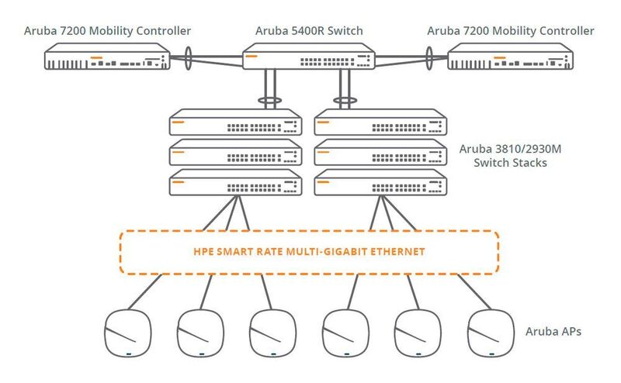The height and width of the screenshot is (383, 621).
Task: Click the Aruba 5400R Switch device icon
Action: click(309, 57)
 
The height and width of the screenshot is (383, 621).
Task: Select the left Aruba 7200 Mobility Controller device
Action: click(106, 57)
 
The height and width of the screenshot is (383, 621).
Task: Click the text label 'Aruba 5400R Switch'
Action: click(309, 30)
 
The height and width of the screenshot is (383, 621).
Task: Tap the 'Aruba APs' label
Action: click(553, 331)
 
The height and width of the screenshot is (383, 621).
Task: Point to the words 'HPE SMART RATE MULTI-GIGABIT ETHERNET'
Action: click(308, 252)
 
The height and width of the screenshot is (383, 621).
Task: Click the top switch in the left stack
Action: click(236, 124)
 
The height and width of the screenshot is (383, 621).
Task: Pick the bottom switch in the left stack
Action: click(236, 183)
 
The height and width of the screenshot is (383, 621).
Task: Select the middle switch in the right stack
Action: click(380, 154)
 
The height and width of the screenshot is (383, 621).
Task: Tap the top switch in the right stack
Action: click(380, 124)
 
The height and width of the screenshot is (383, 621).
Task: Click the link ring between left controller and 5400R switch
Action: click(189, 56)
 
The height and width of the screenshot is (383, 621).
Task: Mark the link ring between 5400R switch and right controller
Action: click(428, 56)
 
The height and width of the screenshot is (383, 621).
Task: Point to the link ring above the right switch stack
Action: click(342, 101)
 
